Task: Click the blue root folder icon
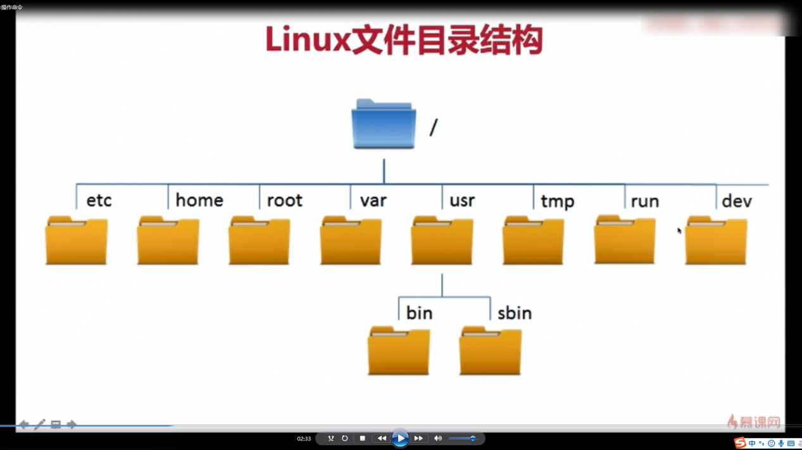coord(384,125)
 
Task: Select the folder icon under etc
coord(77,241)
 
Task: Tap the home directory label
coord(199,201)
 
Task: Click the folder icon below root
coord(260,241)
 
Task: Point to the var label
coord(373,201)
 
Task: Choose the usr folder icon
coord(442,241)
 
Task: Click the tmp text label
coord(557,202)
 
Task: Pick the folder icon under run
coord(625,240)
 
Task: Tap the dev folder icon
coord(716,241)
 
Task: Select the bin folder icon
coord(399,351)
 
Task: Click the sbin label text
coord(514,313)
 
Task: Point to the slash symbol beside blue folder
coord(434,128)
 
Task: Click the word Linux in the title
coord(308,41)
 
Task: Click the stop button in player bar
coord(362,438)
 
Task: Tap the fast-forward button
coord(418,438)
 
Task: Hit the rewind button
coord(381,438)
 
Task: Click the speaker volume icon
coord(437,438)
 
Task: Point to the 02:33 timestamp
coord(304,439)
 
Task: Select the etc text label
coord(99,201)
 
